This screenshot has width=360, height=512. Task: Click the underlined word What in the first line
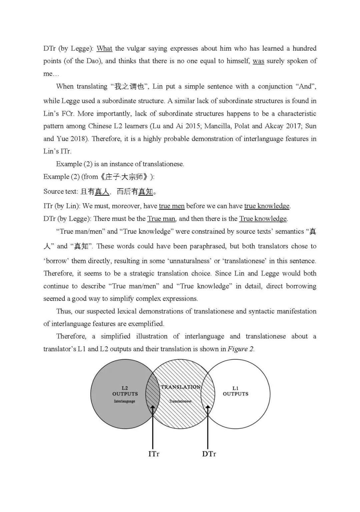tap(104, 48)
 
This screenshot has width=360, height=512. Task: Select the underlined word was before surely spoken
tap(258, 61)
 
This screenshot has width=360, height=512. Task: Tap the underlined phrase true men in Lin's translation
tap(172, 206)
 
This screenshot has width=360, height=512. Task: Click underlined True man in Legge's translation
tap(161, 219)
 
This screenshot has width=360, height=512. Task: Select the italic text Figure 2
tap(241, 349)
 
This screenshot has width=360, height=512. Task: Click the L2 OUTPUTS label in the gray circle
tap(125, 391)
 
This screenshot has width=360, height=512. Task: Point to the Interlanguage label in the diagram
tap(125, 401)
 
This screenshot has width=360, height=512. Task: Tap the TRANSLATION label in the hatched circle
tap(181, 387)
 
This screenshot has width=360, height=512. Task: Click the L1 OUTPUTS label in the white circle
tap(236, 391)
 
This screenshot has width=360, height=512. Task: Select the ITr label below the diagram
tap(154, 454)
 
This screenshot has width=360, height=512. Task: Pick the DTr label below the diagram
tap(209, 454)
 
